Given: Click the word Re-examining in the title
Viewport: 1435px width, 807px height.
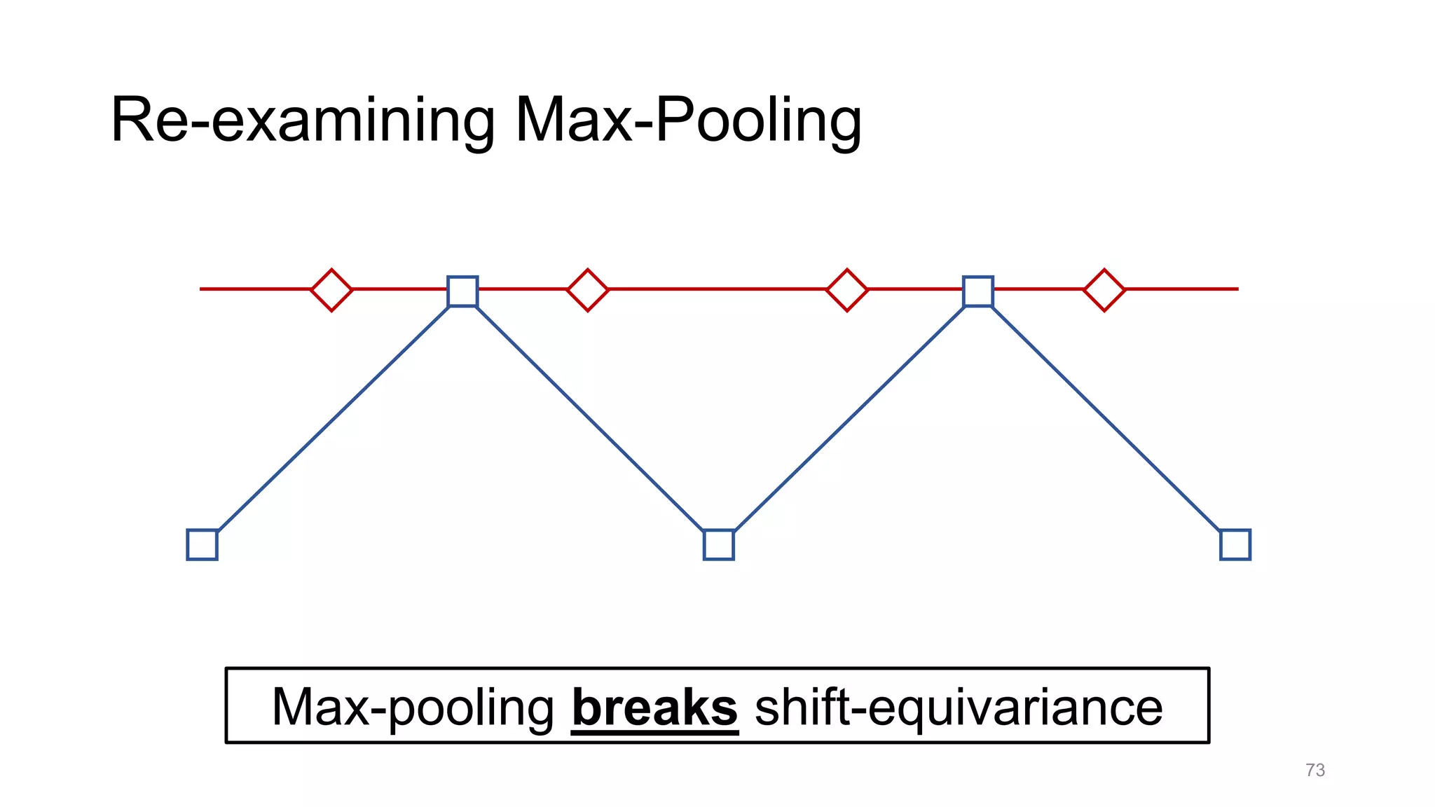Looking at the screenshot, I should pos(303,120).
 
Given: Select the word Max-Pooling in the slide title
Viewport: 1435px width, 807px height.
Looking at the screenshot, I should pos(688,120).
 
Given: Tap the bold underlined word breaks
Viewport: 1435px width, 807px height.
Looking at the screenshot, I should pos(654,708).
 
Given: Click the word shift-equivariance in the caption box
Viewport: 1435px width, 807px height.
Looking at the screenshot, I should pos(959,708).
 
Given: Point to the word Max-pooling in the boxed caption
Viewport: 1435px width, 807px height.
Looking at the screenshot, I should pos(413,708).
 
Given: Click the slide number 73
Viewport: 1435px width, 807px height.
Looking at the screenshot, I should pos(1315,770).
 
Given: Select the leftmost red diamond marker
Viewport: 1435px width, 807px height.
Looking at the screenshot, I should pos(331,289).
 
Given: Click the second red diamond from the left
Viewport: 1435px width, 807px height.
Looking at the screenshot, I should pos(587,289).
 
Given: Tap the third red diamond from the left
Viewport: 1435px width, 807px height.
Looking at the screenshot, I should pos(847,289).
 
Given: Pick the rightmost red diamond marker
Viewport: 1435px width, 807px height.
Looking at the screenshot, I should pos(1104,289).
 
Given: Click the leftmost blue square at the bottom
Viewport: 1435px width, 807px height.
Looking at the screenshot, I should pos(202,544).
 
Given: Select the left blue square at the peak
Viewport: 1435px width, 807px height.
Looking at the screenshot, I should pos(462,291).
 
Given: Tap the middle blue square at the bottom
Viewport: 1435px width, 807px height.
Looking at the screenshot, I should pos(718,544).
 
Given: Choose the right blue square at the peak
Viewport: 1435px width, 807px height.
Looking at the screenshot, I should pos(978,291).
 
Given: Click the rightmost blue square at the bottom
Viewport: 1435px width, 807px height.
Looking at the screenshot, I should pos(1235,544).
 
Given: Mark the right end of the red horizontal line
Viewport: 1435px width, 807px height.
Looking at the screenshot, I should pos(1236,289).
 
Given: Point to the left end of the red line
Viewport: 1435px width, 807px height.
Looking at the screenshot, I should pos(202,289).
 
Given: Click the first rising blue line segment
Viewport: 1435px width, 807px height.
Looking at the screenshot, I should pos(333,419).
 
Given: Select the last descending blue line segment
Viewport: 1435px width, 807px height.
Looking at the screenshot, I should pos(1107,418).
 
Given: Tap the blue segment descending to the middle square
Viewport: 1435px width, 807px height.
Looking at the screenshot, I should pos(591,418).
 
